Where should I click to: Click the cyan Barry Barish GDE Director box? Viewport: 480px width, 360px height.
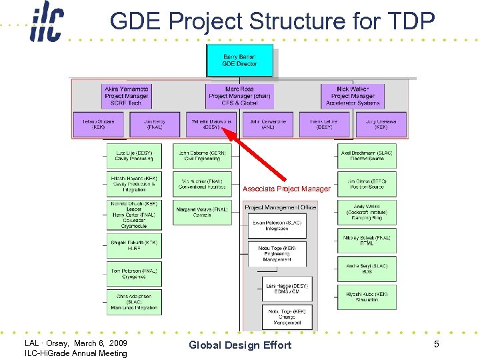(240, 60)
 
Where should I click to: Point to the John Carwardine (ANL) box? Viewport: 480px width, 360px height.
(268, 124)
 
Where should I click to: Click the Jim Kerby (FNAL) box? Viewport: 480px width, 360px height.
(154, 124)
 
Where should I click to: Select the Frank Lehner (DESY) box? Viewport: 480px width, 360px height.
(325, 124)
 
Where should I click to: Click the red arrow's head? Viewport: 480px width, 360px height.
(225, 132)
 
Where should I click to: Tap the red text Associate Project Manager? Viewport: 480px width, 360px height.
(286, 189)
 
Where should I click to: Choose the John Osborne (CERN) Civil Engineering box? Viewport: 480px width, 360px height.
(202, 155)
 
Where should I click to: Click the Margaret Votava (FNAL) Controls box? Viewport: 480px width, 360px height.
(202, 212)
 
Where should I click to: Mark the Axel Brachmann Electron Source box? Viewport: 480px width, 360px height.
(367, 155)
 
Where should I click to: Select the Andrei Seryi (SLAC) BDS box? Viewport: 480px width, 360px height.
(367, 269)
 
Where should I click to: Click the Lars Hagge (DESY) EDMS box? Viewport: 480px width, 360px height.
(287, 289)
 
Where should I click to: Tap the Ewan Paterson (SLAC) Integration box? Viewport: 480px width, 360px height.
(277, 226)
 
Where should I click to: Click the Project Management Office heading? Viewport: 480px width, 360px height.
(281, 208)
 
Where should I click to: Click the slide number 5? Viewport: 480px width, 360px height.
(436, 344)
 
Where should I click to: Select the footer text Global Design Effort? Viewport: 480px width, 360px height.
(240, 345)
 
